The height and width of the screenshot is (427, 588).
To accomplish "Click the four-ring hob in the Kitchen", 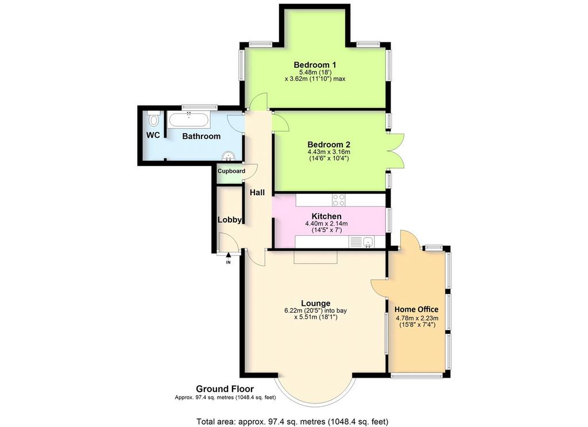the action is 339,200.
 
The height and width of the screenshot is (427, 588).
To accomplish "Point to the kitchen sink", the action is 369,242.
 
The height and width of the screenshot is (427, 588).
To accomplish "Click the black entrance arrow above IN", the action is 229,256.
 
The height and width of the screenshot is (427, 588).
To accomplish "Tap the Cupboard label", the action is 231,171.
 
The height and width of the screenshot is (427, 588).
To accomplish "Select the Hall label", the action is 257,192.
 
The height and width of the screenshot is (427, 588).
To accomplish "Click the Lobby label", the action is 230,220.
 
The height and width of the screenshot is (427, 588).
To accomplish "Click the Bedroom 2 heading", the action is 328,144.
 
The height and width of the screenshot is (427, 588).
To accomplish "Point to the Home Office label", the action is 416,309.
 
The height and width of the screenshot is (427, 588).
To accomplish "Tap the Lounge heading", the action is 316,303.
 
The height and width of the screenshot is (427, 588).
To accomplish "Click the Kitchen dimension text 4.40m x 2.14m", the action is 327,224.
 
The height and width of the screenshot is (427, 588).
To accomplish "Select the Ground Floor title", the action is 225,389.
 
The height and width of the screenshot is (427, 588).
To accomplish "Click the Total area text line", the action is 292,421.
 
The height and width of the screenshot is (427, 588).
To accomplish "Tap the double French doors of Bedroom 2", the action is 396,151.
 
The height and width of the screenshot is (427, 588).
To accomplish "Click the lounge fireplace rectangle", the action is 316,258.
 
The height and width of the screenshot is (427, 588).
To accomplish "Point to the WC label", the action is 153,135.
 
